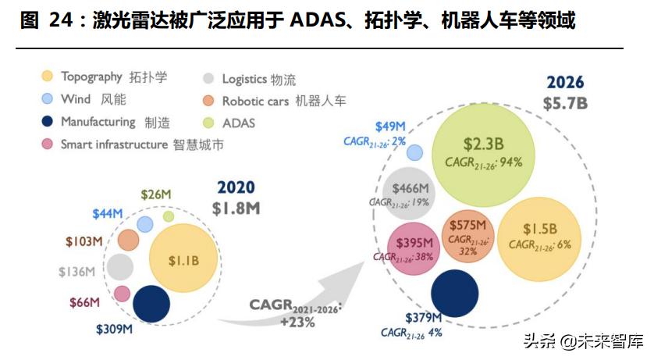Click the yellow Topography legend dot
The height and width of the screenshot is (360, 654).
click(x=48, y=77)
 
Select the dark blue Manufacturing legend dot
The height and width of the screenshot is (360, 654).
click(x=48, y=122)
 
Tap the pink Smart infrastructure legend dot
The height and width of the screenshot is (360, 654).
click(x=48, y=144)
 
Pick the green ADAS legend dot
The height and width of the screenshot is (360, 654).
click(x=208, y=123)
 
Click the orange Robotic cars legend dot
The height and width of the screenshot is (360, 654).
click(x=208, y=101)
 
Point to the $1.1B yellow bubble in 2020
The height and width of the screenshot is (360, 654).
click(x=183, y=258)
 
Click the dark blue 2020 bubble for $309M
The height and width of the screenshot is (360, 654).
click(x=151, y=305)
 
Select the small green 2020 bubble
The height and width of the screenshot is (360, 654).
click(x=168, y=216)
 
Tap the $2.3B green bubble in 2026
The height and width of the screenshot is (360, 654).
click(x=483, y=151)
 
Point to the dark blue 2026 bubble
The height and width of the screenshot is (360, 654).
click(x=454, y=293)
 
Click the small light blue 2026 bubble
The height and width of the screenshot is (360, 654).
click(x=415, y=152)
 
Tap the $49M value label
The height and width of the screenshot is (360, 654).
click(x=390, y=126)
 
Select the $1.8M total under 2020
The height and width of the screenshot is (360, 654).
click(x=236, y=209)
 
